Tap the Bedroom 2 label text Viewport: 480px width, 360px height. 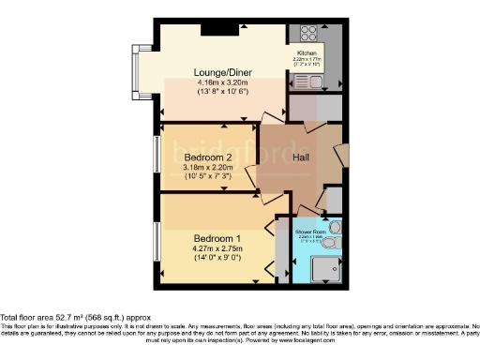coord(207,157)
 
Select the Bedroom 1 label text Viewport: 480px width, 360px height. coord(217,238)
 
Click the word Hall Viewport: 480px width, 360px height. coord(300,158)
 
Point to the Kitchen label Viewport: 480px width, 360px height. coord(309,52)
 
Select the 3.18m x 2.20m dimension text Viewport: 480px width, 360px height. coord(207,168)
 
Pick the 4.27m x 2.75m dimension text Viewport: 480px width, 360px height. coord(217,249)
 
